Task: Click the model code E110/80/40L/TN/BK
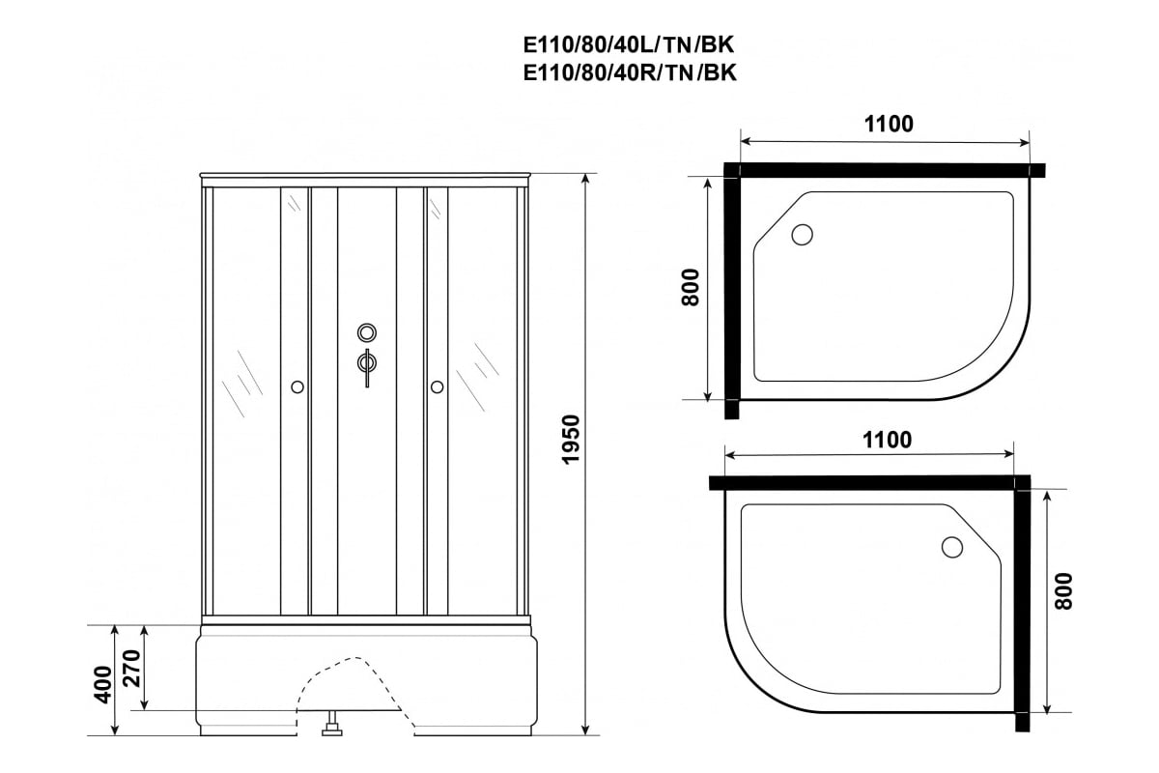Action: click(629, 45)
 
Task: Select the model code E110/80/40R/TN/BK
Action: click(630, 73)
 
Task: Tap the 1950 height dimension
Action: click(571, 440)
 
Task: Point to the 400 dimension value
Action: click(103, 684)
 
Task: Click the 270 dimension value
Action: click(132, 668)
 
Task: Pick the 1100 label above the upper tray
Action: click(889, 124)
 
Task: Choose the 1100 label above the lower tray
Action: click(887, 440)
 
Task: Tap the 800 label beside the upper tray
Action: click(691, 287)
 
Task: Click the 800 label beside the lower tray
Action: click(1063, 591)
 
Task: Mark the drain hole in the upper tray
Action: click(802, 235)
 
